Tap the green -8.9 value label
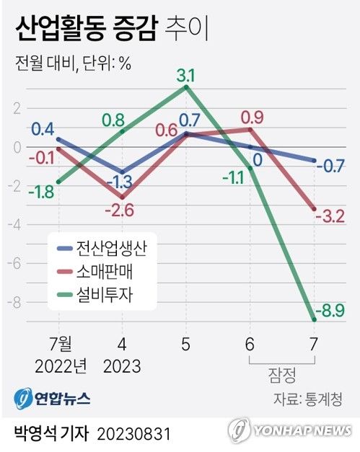click(335, 311)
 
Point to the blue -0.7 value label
click(335, 167)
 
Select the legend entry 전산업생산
click(116, 249)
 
